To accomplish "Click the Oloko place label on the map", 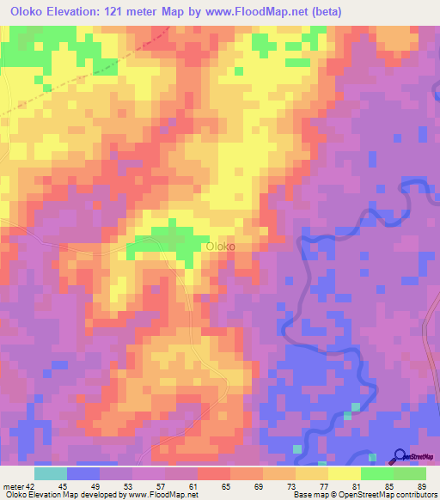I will pos(220,247).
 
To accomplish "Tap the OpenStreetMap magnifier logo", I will pos(400,456).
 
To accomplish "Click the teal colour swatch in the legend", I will pos(51,473).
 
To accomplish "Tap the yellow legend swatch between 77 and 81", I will pos(345,473).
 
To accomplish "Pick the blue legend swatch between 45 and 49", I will pos(83,473).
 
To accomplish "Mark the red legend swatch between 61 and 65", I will pos(214,473).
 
